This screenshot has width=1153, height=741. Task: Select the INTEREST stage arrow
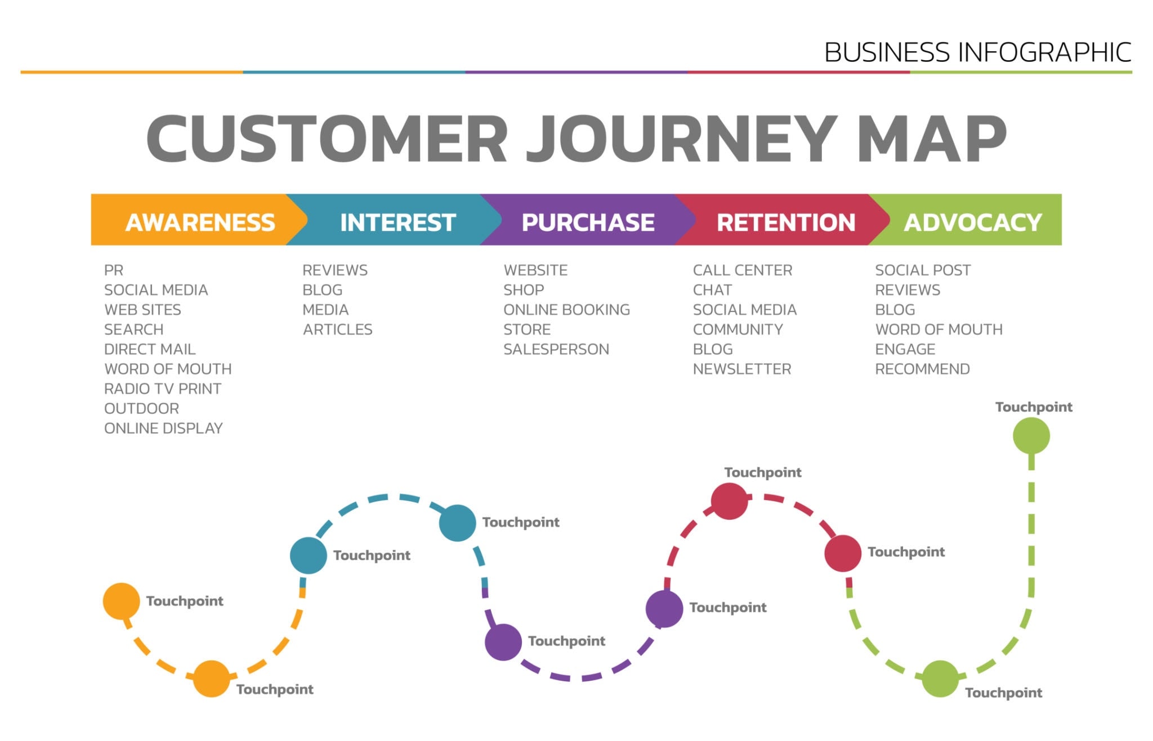(x=397, y=222)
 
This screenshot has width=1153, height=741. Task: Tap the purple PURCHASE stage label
(x=588, y=222)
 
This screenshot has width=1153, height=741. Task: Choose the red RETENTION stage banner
(x=785, y=222)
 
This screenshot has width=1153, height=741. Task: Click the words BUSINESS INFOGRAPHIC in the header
(x=977, y=52)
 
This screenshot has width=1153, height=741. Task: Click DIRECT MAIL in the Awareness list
(x=150, y=349)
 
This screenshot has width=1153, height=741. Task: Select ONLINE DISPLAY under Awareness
(x=163, y=428)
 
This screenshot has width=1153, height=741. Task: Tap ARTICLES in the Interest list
(x=338, y=329)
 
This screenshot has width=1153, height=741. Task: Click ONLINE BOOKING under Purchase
(x=566, y=310)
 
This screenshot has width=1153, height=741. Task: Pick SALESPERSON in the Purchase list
(x=556, y=349)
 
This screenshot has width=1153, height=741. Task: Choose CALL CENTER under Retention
(x=742, y=270)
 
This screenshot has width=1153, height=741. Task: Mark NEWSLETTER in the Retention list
(x=741, y=369)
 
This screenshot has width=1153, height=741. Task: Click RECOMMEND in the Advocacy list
(x=922, y=369)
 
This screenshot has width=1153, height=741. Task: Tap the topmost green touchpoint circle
(x=1031, y=435)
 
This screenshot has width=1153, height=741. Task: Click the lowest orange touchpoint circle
(x=211, y=678)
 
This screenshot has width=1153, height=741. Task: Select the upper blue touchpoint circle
(x=457, y=523)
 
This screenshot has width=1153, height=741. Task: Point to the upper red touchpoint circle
(x=729, y=501)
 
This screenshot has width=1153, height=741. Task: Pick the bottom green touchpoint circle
(x=940, y=678)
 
